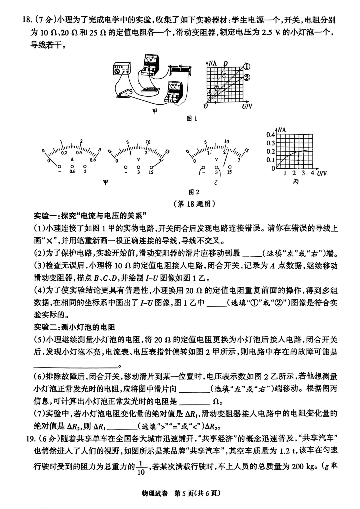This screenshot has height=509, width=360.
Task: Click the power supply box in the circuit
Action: point(121,69)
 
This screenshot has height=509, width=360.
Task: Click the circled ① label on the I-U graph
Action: point(247,66)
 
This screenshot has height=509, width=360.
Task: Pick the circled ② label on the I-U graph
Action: point(247,78)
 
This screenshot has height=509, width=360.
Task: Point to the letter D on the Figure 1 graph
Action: point(226,63)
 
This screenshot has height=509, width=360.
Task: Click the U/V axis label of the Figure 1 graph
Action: point(247,106)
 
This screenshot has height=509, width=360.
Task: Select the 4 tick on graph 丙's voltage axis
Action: point(312,173)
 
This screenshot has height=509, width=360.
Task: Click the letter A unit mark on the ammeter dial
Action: point(72,159)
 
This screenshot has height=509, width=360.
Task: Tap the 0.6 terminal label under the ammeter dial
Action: point(72,172)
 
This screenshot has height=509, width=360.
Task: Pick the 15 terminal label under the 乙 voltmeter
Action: point(229,172)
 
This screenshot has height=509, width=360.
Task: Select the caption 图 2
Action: point(194,192)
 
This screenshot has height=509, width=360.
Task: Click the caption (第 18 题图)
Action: point(194,203)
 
